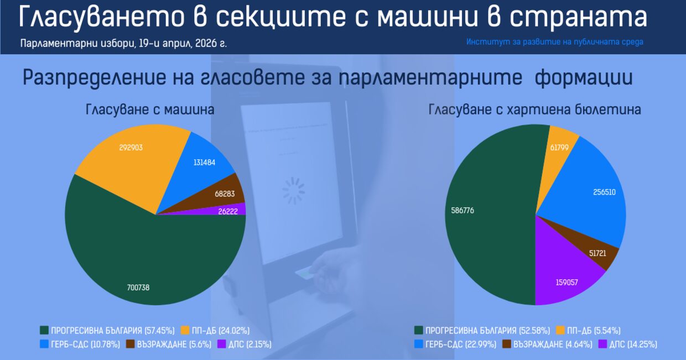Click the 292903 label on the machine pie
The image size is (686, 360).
click(131, 148)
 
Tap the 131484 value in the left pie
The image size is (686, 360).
click(204, 162)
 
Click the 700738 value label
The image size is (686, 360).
click(138, 288)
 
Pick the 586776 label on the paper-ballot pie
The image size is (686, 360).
click(462, 211)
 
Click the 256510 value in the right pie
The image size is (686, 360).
click(604, 192)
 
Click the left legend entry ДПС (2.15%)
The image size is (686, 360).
click(245, 345)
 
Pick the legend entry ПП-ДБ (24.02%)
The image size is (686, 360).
click(215, 331)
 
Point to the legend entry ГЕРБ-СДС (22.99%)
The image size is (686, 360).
click(455, 345)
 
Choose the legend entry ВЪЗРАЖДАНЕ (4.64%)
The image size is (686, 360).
click(547, 345)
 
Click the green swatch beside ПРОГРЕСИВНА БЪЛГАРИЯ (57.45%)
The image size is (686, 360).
click(44, 331)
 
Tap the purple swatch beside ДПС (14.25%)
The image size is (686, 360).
click(602, 345)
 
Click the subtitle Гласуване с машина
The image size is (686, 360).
click(150, 109)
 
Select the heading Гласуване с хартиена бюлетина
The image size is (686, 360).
click(534, 109)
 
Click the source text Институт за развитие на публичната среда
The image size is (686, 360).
click(555, 42)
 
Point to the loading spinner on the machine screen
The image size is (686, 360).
click(293, 191)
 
